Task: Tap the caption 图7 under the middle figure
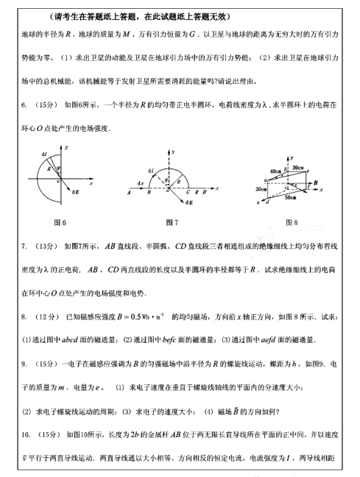pos(173,222)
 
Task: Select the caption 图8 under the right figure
pos(289,222)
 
